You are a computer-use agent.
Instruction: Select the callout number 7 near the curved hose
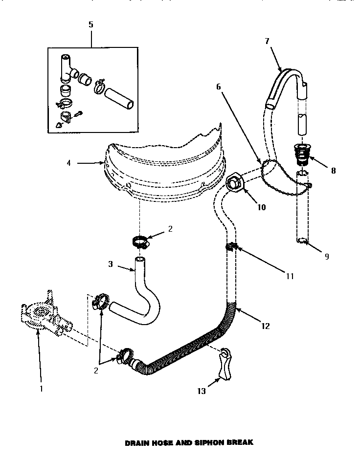click(267, 41)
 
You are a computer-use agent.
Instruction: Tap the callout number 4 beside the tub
click(68, 163)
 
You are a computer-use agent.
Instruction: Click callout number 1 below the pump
click(41, 389)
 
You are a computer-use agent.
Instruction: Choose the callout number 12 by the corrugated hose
click(266, 326)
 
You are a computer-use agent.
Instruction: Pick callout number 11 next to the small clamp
click(290, 276)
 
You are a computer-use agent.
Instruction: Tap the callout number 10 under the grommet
click(261, 207)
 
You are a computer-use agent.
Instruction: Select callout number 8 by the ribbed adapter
click(333, 171)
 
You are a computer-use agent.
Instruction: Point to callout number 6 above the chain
click(218, 87)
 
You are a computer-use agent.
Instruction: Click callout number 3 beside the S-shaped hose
click(111, 264)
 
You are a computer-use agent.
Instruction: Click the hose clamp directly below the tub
click(140, 241)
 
